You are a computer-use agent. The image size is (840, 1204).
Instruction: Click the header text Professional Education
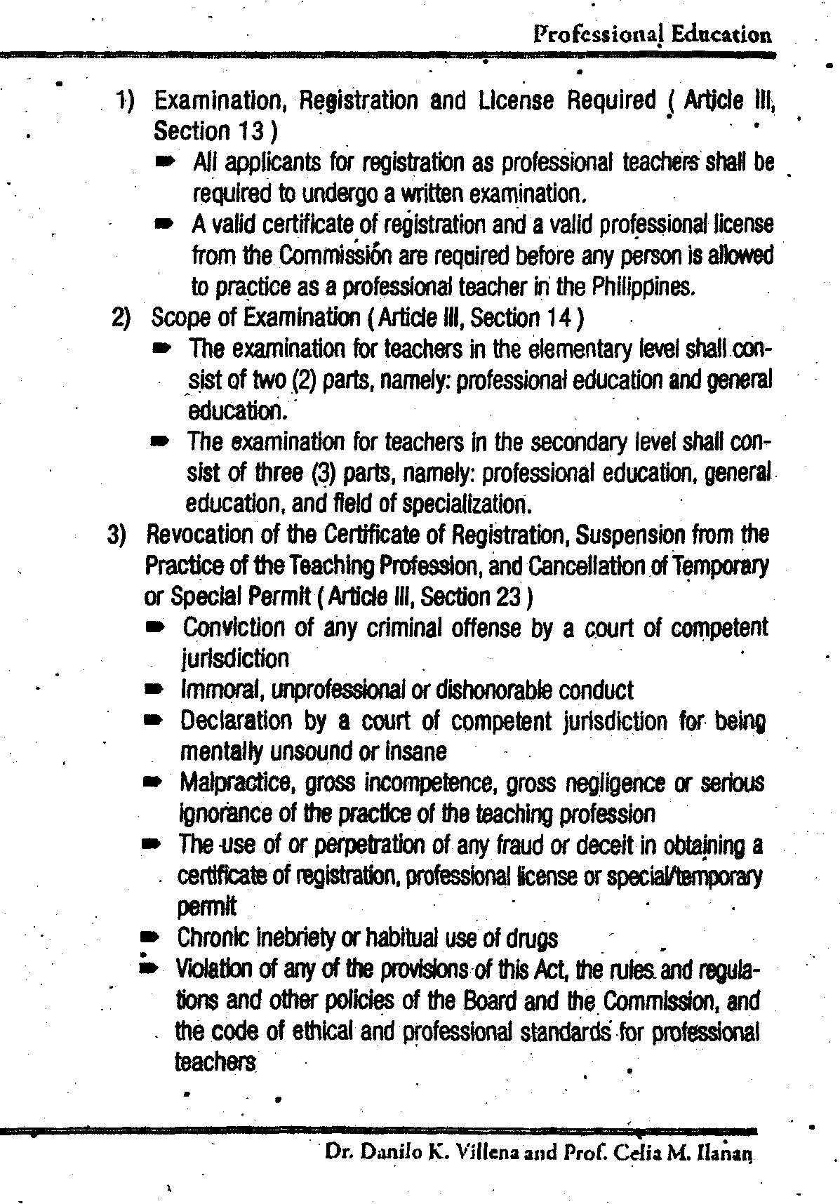pyautogui.click(x=652, y=34)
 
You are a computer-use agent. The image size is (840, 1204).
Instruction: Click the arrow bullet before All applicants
pyautogui.click(x=163, y=162)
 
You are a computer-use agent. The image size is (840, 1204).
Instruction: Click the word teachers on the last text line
pyautogui.click(x=215, y=1063)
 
